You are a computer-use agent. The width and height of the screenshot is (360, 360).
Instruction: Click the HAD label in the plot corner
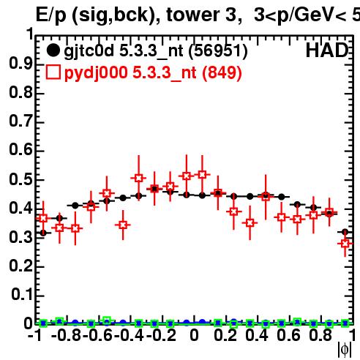[x=327, y=50]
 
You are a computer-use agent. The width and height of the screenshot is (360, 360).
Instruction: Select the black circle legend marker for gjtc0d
[x=53, y=50]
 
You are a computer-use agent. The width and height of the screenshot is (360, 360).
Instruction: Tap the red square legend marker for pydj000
[x=53, y=72]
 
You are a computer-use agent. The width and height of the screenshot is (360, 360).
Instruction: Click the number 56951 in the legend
[x=218, y=50]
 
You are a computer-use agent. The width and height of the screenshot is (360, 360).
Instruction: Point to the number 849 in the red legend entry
[x=222, y=72]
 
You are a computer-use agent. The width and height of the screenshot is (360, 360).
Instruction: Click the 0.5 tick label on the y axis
[x=20, y=179]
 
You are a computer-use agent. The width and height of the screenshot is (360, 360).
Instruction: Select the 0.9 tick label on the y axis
[x=20, y=64]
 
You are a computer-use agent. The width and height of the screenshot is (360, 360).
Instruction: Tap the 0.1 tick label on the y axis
[x=21, y=295]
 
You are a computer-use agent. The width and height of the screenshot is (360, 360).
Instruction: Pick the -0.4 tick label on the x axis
[x=129, y=335]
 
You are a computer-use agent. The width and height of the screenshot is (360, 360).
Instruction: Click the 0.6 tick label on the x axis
[x=288, y=335]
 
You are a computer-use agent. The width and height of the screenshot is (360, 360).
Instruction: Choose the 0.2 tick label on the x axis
[x=225, y=335]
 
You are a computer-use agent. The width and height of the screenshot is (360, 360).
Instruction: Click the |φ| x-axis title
[x=345, y=350]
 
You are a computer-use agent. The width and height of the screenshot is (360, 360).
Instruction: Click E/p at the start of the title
[x=50, y=15]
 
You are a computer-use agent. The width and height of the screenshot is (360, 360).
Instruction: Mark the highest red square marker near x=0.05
[x=202, y=175]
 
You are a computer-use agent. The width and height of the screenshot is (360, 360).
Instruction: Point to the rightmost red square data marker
[x=345, y=244]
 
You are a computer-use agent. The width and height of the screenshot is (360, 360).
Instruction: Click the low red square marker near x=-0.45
[x=123, y=225]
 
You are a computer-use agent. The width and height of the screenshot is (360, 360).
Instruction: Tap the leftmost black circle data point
[x=43, y=233]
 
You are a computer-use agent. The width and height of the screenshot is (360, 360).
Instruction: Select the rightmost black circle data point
[x=345, y=232]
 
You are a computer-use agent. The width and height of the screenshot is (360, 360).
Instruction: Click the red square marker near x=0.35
[x=250, y=223]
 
